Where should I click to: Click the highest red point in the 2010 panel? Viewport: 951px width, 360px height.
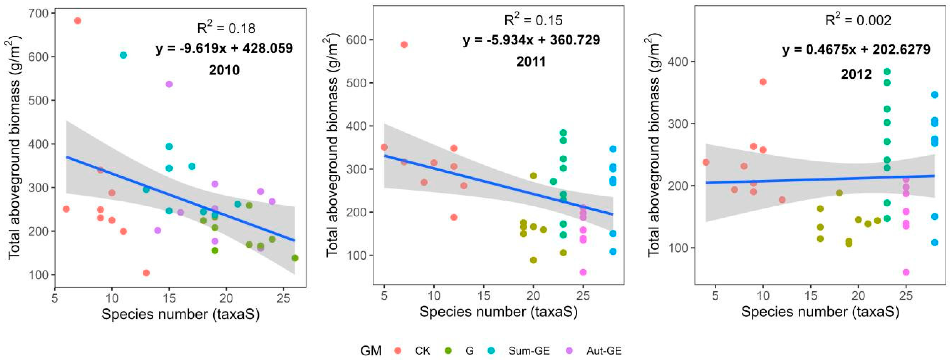[78, 21]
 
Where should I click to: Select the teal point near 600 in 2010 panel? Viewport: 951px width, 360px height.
[123, 55]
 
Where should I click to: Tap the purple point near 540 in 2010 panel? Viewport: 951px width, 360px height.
[169, 84]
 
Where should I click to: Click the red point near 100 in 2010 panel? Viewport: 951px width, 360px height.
[146, 273]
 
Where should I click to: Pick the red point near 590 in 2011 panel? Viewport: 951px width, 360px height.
[404, 45]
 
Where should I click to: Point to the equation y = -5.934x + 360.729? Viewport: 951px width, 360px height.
[531, 40]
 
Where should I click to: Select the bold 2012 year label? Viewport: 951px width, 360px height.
[856, 74]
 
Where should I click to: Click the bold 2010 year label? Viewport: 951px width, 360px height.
[224, 70]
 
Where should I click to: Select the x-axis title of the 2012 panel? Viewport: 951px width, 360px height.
[820, 312]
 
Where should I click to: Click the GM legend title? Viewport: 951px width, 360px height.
[371, 350]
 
